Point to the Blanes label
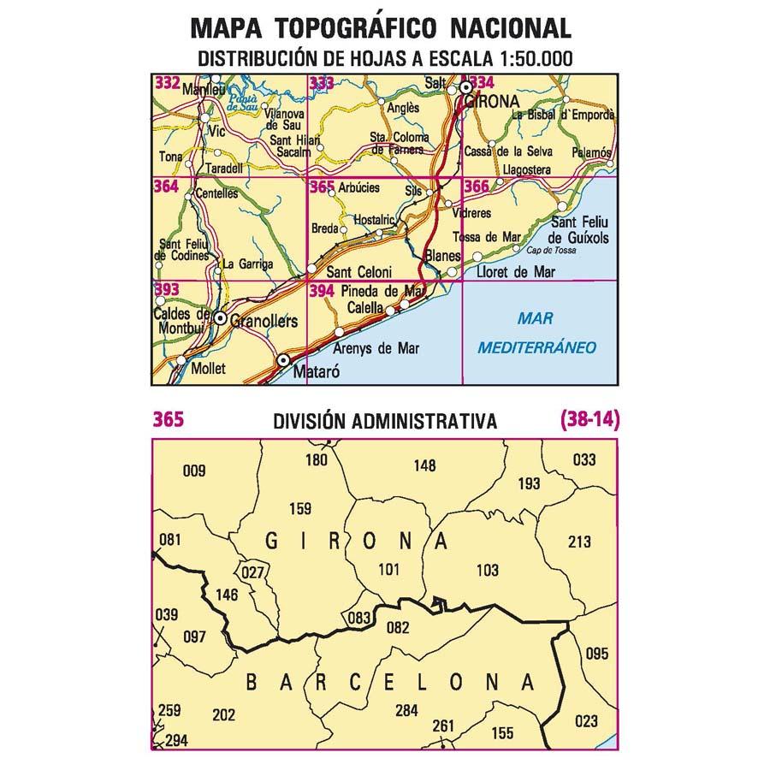[x=442, y=255]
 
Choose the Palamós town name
[x=593, y=151]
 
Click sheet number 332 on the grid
[x=167, y=83]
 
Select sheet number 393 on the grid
[x=167, y=290]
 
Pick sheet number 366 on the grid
[x=476, y=187]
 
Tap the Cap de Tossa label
[x=554, y=251]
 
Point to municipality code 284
[x=406, y=710]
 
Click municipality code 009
[x=195, y=469]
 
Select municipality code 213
[x=580, y=542]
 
